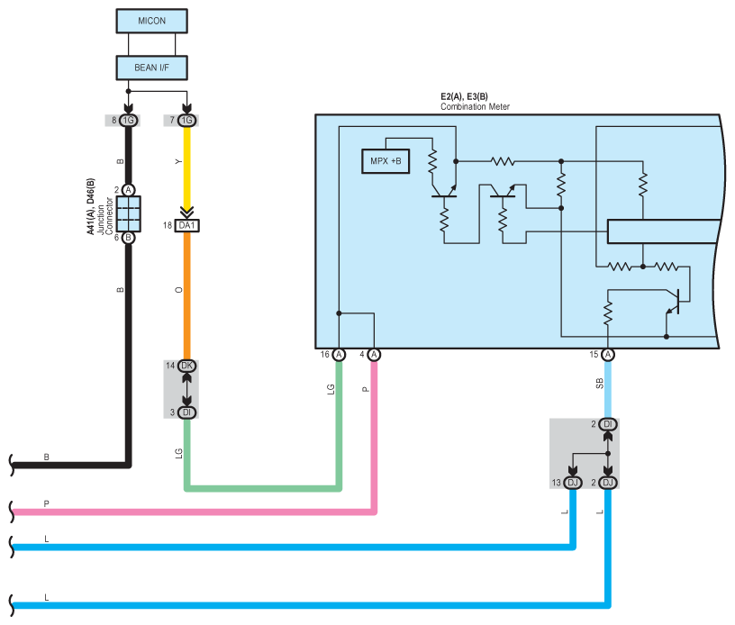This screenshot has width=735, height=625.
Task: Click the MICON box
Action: (x=152, y=21)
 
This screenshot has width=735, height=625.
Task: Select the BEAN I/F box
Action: (x=152, y=68)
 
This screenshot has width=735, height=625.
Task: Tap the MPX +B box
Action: (x=386, y=161)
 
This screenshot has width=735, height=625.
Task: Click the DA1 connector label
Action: (x=186, y=226)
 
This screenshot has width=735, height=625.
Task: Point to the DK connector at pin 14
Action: (x=186, y=366)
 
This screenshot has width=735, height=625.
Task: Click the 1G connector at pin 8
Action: (x=128, y=121)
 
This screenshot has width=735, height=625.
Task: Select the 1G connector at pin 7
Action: (x=186, y=121)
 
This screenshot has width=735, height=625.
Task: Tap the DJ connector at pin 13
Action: (x=572, y=483)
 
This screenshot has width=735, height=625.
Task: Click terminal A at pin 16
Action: (x=339, y=355)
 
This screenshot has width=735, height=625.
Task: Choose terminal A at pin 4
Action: (x=374, y=355)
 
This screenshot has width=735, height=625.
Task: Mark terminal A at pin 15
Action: (x=607, y=355)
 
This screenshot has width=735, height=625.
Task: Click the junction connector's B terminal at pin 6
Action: (x=128, y=238)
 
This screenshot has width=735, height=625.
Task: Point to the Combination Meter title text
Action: (x=475, y=107)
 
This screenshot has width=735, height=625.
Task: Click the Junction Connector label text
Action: (x=104, y=216)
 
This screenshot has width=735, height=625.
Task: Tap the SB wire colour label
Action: (x=600, y=384)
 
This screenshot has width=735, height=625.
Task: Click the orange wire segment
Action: (x=186, y=295)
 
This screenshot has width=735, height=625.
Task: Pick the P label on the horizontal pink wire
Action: (x=47, y=503)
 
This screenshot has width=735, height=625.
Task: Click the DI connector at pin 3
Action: (x=186, y=412)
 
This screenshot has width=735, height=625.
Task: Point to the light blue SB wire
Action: (x=607, y=389)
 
